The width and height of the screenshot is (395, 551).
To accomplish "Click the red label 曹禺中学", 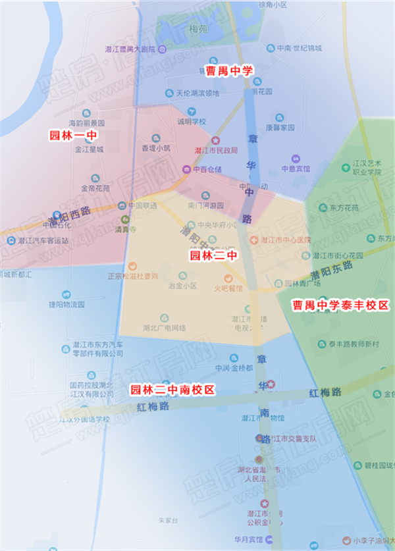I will [229, 70].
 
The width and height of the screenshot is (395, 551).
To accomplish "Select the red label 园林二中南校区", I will [172, 390].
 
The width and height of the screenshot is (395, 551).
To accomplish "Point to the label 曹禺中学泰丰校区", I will [341, 305].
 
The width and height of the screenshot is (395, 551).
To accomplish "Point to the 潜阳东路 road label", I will [333, 271].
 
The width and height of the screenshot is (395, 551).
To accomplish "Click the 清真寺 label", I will [125, 230].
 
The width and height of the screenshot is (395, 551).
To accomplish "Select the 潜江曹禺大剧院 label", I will [130, 49].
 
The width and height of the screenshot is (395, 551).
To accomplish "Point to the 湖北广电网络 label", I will [164, 327].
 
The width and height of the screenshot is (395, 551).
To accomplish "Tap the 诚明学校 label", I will [192, 121].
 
